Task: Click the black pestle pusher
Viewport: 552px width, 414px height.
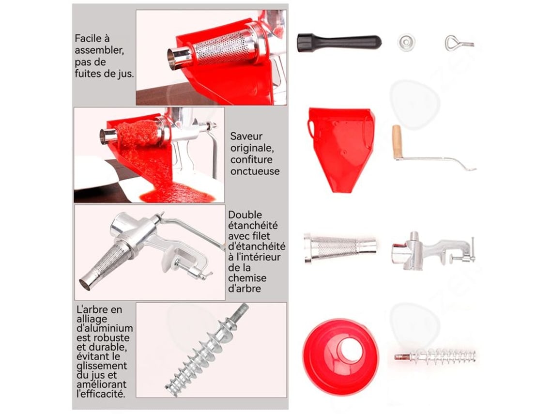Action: (339, 42)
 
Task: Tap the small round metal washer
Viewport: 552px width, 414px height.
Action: (406, 42)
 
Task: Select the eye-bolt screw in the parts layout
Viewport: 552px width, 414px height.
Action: (459, 43)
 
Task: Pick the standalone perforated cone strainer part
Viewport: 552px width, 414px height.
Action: (340, 247)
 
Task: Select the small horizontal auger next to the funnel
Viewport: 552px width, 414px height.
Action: (435, 356)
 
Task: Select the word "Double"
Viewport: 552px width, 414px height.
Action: (245, 215)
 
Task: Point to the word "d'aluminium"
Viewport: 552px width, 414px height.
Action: (105, 328)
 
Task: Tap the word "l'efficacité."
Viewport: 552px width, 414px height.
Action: (101, 394)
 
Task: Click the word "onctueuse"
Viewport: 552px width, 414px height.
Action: (255, 171)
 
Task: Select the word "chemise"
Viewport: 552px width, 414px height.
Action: (247, 278)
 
